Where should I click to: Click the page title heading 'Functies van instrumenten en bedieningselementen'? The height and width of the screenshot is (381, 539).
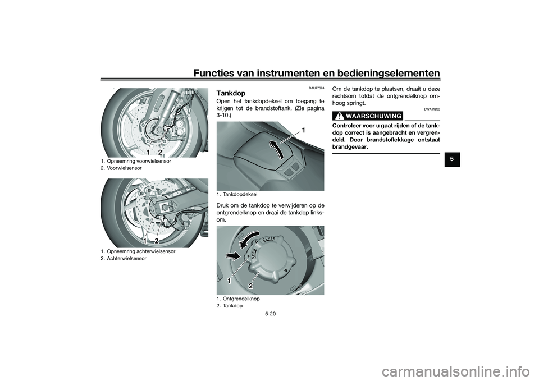317,73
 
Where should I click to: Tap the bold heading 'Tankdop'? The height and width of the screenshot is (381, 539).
231,94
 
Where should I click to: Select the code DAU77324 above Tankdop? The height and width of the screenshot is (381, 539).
317,88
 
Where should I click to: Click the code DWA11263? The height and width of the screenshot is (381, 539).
432,109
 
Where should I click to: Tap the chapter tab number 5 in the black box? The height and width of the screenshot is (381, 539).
452,159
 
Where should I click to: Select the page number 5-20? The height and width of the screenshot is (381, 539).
270,314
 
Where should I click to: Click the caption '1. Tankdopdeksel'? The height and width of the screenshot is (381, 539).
237,195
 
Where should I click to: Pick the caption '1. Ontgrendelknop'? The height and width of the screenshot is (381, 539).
238,299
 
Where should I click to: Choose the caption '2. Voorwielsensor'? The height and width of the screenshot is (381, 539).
121,168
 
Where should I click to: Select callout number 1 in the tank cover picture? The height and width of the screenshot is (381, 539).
304,130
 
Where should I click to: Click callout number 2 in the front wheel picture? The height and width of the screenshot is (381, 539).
160,152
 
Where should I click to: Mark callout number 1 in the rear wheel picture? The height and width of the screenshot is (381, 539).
146,241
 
